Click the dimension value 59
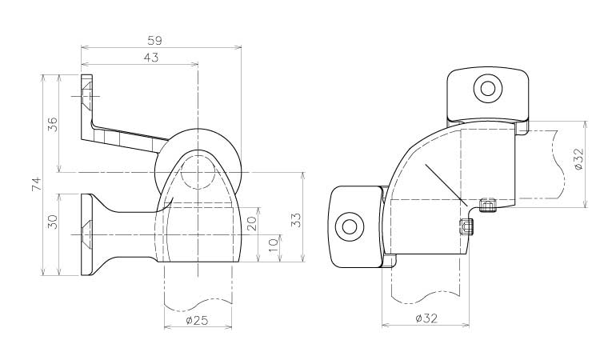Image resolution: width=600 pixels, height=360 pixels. (154, 40)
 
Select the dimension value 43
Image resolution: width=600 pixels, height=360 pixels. (150, 58)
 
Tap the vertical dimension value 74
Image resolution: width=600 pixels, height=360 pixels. (36, 184)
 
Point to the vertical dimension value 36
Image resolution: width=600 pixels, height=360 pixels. (53, 124)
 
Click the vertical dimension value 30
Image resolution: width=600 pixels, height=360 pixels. (53, 222)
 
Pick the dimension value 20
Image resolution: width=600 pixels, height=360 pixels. (252, 223)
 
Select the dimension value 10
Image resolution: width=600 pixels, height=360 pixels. (274, 245)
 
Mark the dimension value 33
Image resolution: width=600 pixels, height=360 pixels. (297, 220)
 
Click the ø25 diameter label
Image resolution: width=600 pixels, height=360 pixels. (198, 320)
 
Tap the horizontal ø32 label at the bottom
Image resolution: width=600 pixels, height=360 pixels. (426, 318)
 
